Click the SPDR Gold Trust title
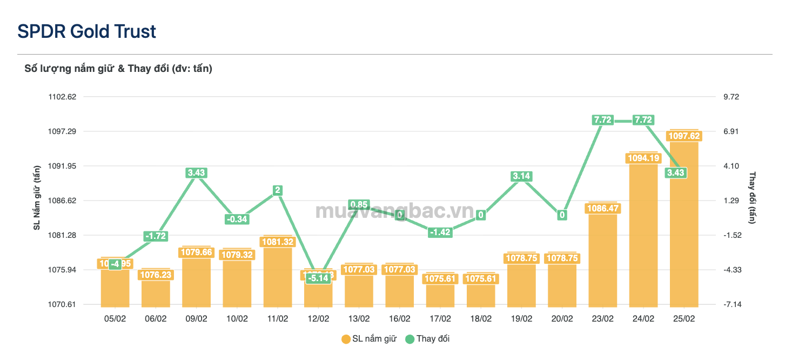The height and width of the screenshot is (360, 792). [x=86, y=31]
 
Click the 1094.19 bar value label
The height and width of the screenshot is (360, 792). [x=643, y=158]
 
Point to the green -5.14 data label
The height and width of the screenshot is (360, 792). [x=318, y=278]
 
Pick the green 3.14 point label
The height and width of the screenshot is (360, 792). [x=521, y=176]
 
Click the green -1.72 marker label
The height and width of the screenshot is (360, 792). [x=156, y=236]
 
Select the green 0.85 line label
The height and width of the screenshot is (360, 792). [x=359, y=204]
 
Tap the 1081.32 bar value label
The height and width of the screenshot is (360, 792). [x=278, y=242]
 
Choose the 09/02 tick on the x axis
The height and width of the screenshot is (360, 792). [x=196, y=319]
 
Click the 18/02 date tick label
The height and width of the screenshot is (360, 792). [x=481, y=319]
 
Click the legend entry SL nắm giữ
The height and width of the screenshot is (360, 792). [x=369, y=339]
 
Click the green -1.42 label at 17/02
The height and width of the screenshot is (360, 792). [x=440, y=232]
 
